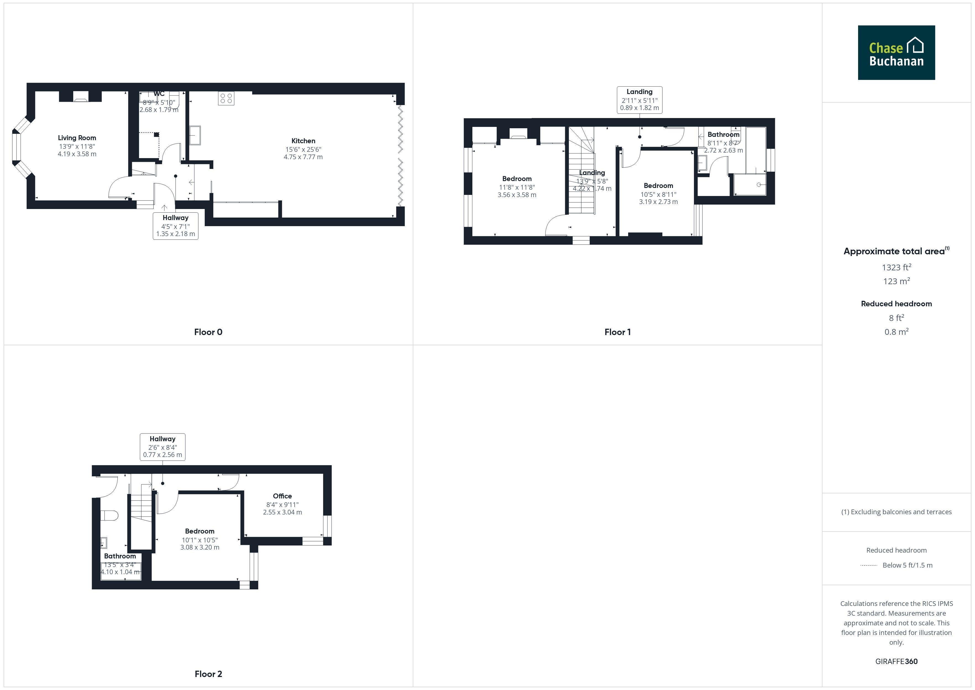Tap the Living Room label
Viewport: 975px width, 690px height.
tap(77, 138)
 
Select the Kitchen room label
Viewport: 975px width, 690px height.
tap(303, 141)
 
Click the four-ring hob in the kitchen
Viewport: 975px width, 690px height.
tap(226, 99)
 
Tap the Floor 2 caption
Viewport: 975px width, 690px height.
tap(208, 674)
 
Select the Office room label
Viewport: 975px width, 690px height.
tap(282, 496)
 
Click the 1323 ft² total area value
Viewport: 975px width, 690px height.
tap(897, 267)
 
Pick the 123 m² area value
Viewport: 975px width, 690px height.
tap(897, 281)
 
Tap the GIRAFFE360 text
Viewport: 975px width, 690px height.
tap(897, 662)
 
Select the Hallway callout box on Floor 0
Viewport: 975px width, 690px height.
tap(175, 226)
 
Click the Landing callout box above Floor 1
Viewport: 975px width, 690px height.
tap(639, 100)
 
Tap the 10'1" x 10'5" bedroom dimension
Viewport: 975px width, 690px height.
tap(200, 540)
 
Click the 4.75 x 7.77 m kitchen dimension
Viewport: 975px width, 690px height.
tap(303, 157)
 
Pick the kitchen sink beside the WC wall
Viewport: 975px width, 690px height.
tap(195, 135)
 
